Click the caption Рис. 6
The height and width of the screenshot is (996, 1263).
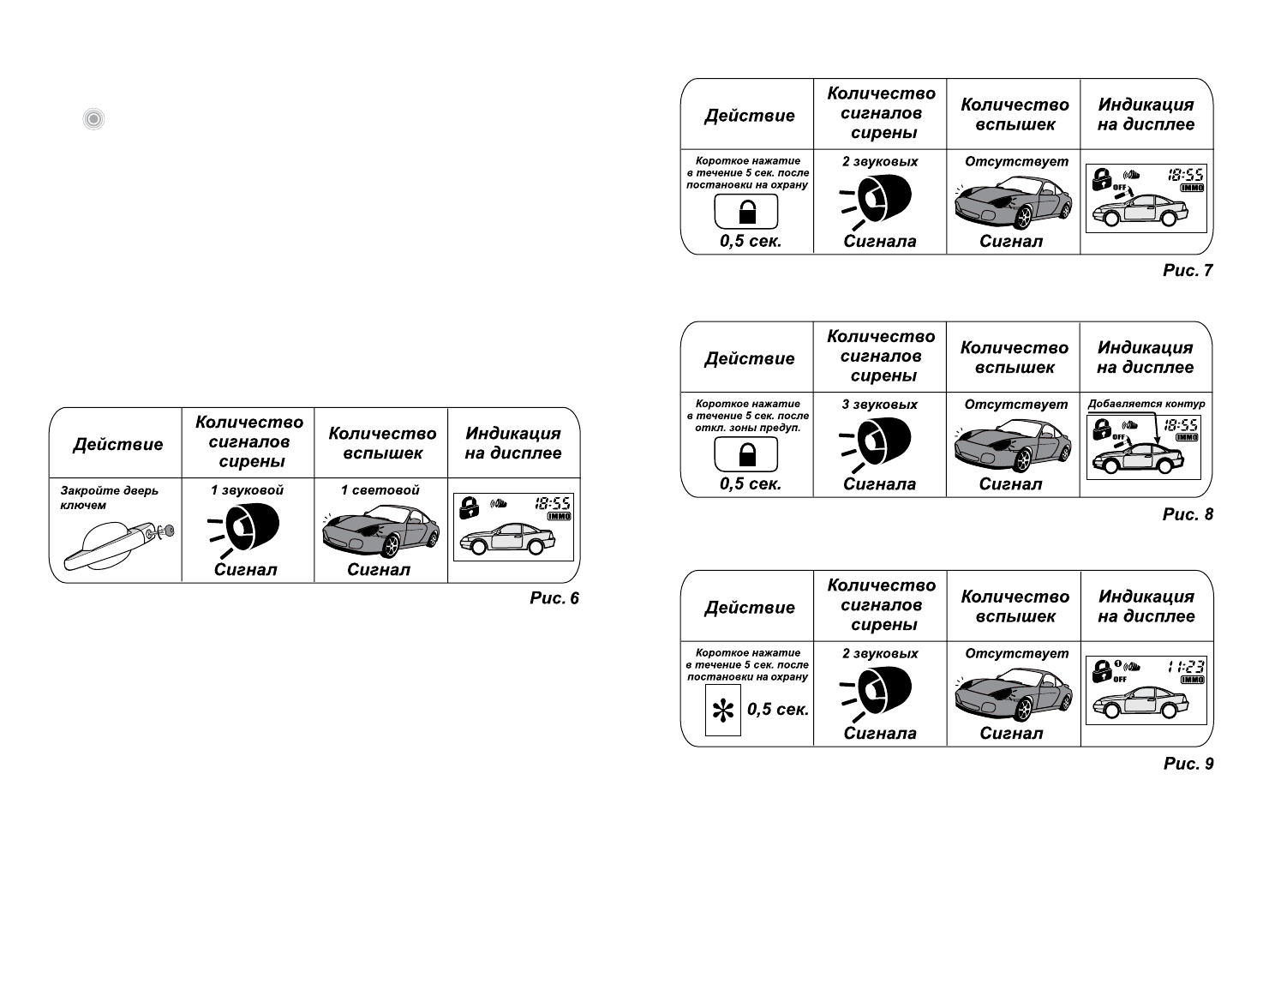(554, 598)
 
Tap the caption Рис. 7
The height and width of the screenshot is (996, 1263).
(1188, 270)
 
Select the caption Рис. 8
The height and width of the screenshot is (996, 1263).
(1188, 514)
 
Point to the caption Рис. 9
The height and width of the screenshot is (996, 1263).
(1188, 764)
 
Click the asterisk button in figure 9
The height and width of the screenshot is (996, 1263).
(722, 711)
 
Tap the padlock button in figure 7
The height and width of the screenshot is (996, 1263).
(746, 211)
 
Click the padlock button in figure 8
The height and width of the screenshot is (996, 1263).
(746, 454)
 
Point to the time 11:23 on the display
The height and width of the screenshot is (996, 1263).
(1187, 666)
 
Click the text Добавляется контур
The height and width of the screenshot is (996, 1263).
(1146, 404)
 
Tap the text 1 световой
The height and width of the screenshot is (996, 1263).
(380, 490)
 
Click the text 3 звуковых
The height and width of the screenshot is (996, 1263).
(879, 405)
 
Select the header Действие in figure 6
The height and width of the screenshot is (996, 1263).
(117, 444)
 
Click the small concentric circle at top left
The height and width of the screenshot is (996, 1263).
(94, 119)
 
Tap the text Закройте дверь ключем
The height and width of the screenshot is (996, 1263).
(109, 498)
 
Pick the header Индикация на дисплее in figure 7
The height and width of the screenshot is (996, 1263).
(1146, 115)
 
